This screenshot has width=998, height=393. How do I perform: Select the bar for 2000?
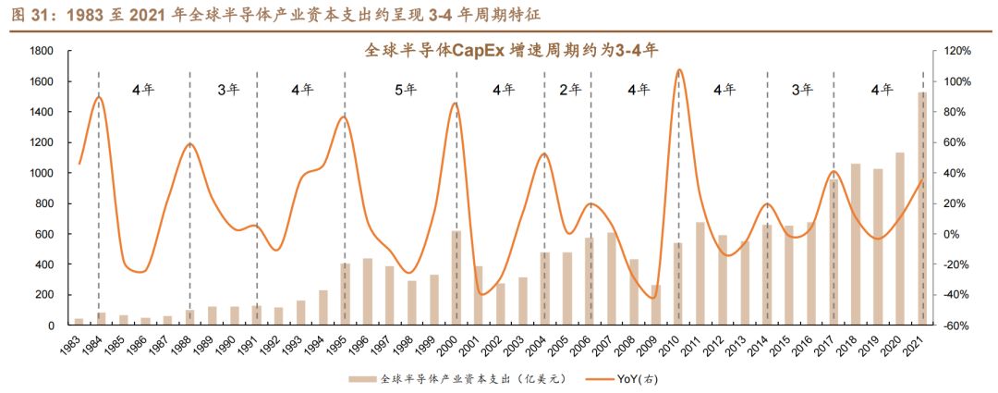click(456, 277)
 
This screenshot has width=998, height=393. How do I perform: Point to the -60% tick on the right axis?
click(955, 325)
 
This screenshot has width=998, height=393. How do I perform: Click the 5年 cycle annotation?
click(406, 90)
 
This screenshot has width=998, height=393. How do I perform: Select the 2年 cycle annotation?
click(570, 90)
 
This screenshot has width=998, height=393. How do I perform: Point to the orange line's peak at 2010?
click(679, 69)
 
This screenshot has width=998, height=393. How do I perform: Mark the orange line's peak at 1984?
click(99, 97)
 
